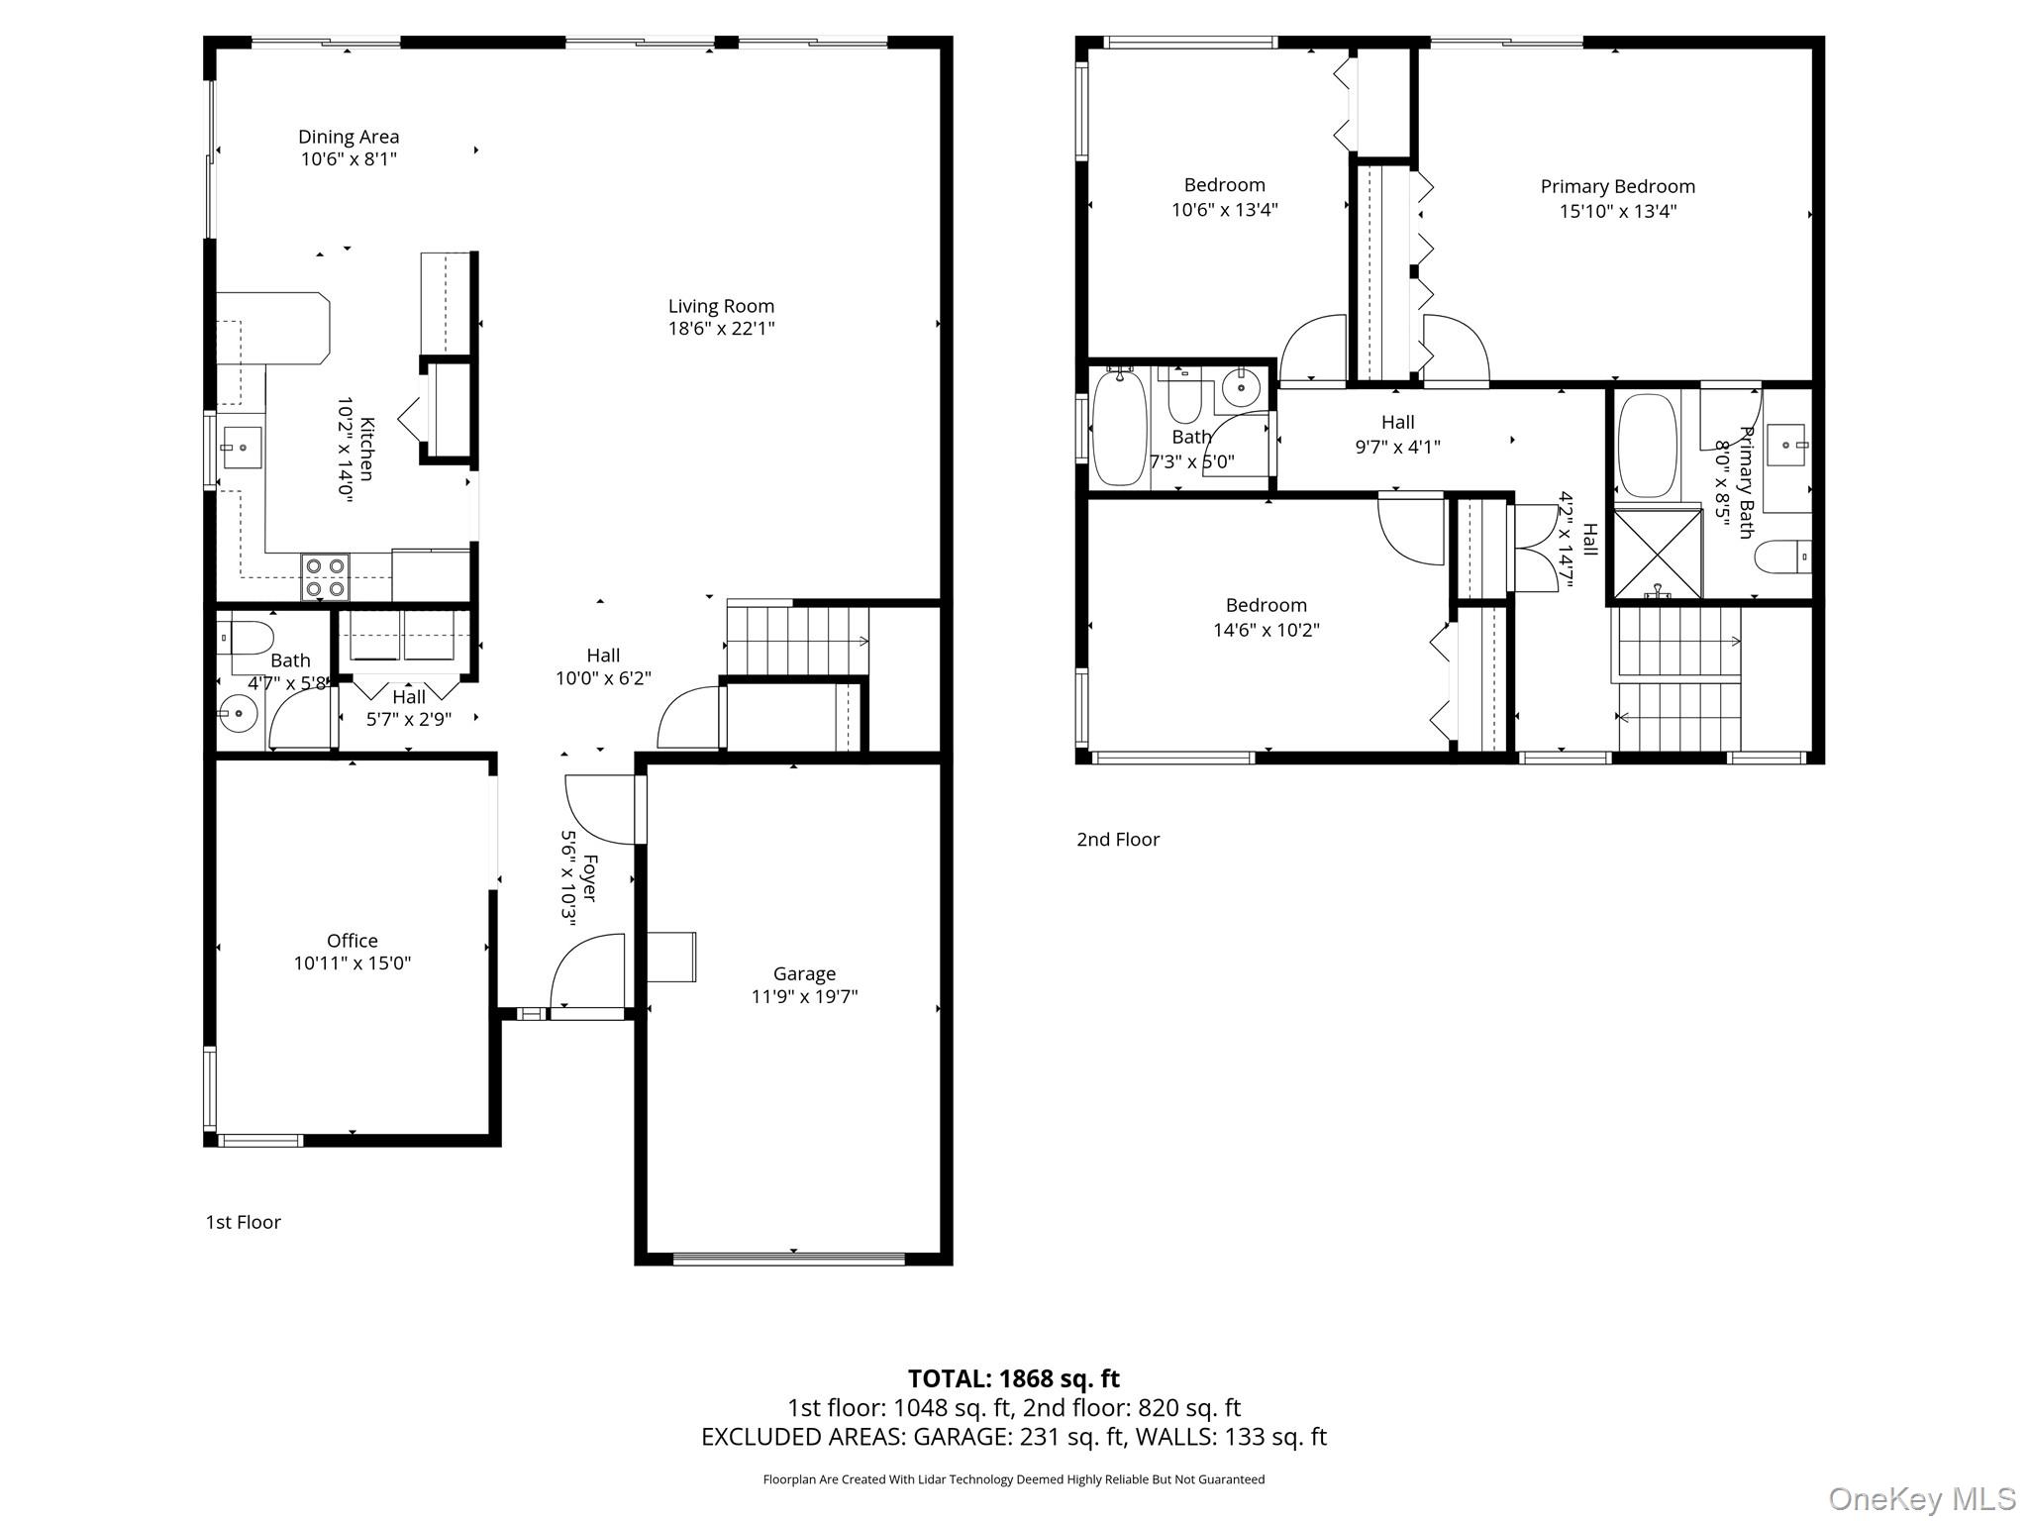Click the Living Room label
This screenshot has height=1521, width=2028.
coord(721,306)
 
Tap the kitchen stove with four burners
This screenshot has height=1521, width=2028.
coord(325,577)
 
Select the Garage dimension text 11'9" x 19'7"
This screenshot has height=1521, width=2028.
coord(804,996)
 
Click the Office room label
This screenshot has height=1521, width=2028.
coord(353,940)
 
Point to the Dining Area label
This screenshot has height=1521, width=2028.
coord(349,137)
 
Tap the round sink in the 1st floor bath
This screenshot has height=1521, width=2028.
coord(238,712)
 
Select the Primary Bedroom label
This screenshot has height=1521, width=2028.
coord(1617,186)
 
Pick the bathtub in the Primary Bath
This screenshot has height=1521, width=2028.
coord(1647,446)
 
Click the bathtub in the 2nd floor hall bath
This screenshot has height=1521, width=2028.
coord(1120,428)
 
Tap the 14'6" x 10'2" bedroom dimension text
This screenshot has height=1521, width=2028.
coord(1266,630)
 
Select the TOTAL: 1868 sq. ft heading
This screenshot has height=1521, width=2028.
coord(1013,1378)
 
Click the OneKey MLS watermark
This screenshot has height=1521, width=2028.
coord(1921,1498)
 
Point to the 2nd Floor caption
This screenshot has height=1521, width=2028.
coord(1118,840)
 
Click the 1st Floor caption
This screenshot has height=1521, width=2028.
coord(243,1222)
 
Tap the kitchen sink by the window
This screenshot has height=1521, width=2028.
coord(241,448)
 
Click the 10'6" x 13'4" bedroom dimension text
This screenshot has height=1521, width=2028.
coord(1224,210)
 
